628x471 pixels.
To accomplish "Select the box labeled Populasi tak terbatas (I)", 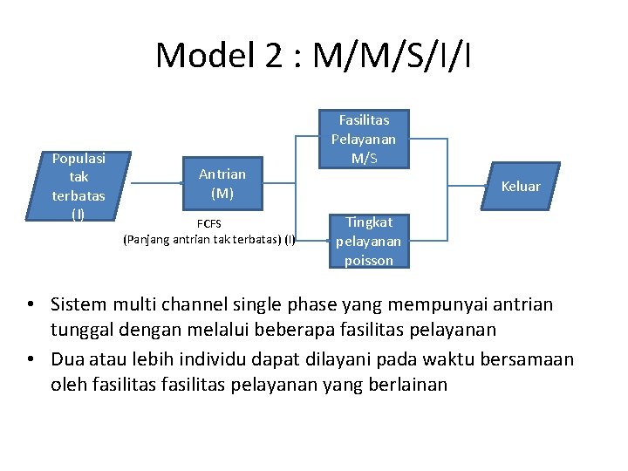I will (x=78, y=186).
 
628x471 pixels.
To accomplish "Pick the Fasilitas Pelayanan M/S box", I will (x=363, y=139).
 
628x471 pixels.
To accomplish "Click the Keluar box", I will (x=521, y=186).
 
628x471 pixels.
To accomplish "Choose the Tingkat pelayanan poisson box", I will (x=368, y=242).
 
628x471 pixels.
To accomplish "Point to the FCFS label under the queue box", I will (x=208, y=224).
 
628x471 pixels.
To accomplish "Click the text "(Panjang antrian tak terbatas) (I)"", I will (x=209, y=239).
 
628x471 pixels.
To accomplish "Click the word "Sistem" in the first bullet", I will (x=79, y=305).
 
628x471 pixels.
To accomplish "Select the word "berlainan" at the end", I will (x=410, y=384).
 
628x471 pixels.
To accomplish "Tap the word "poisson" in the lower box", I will (x=368, y=261).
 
